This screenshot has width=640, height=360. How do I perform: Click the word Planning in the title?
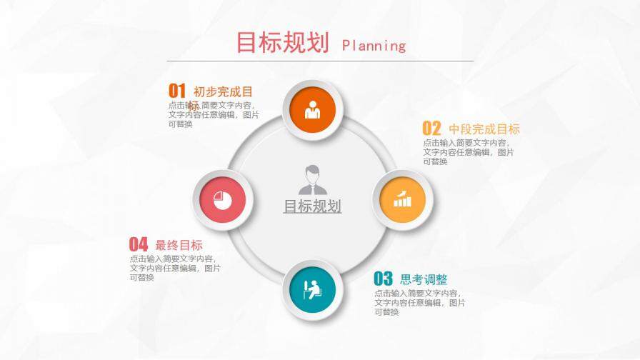pyautogui.click(x=374, y=46)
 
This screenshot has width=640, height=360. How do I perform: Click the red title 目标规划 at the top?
pyautogui.click(x=282, y=42)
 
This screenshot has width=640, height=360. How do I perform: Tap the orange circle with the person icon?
pyautogui.click(x=313, y=110)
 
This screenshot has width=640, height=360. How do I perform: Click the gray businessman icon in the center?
pyautogui.click(x=312, y=179)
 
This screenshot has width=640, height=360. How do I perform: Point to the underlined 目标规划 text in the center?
pyautogui.click(x=312, y=206)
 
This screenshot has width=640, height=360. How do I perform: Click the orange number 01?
pyautogui.click(x=177, y=91)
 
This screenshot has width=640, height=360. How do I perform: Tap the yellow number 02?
pyautogui.click(x=432, y=129)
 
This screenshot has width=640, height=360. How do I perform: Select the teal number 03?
pyautogui.click(x=384, y=279)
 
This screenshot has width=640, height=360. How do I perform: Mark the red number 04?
pyautogui.click(x=139, y=244)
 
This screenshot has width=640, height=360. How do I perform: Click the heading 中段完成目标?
pyautogui.click(x=484, y=129)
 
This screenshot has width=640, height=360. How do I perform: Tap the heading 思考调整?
pyautogui.click(x=424, y=279)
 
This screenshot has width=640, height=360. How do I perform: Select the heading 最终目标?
pyautogui.click(x=179, y=244)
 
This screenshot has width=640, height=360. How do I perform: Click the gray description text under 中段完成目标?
pyautogui.click(x=468, y=152)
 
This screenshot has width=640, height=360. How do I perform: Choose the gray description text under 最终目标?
pyautogui.click(x=175, y=268)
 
